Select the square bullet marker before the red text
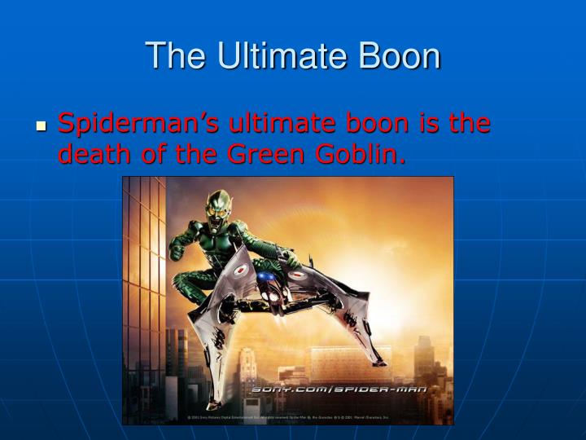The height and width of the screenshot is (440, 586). point(42,127)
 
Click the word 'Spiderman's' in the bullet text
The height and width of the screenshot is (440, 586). point(139,124)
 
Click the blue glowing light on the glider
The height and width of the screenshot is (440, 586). point(266,281)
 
